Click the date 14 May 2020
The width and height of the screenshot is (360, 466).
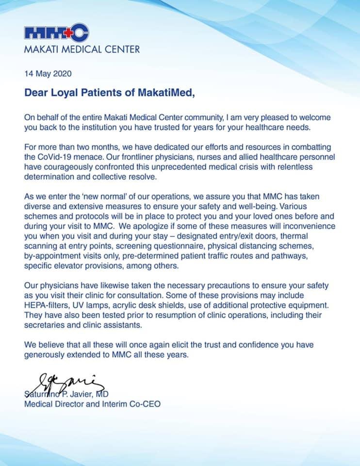pyautogui.click(x=48, y=74)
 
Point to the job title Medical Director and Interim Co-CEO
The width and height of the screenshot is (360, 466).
pyautogui.click(x=92, y=403)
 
